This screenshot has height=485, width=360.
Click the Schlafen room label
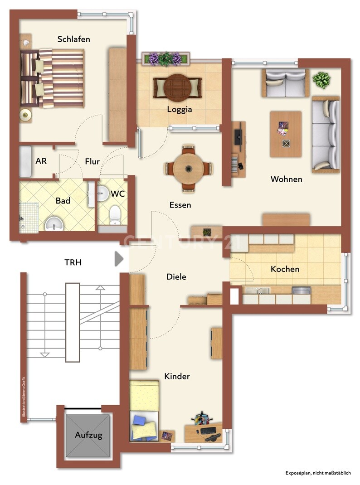click(73, 39)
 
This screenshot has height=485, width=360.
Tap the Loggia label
click(180, 109)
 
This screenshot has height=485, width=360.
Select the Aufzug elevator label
click(88, 435)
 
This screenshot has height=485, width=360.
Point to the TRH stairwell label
click(73, 262)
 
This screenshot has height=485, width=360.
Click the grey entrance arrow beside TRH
click(119, 258)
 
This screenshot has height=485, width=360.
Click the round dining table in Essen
click(188, 169)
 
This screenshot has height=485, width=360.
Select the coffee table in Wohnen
click(286, 134)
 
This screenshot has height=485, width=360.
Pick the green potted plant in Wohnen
click(321, 80)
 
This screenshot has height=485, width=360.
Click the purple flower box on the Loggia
click(166, 58)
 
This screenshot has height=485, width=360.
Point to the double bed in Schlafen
click(52, 78)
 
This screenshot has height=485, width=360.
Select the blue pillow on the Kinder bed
click(139, 420)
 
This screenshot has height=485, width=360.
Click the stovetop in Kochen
click(301, 291)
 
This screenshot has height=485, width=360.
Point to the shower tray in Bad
click(29, 218)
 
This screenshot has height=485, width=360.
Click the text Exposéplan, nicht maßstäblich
click(318, 473)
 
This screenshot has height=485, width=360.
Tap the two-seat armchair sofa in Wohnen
click(285, 83)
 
